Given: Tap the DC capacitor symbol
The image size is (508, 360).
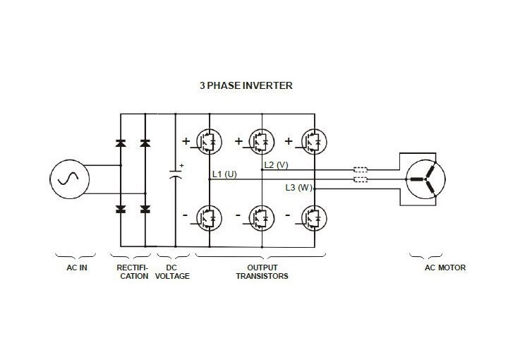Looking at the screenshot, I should pos(174,177).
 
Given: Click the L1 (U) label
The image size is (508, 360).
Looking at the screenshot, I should pos(225,174).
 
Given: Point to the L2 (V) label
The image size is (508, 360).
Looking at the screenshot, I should pos(276,164).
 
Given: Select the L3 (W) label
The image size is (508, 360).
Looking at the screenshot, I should pos(298,187).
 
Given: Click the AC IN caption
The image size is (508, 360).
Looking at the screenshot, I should pos(75,268).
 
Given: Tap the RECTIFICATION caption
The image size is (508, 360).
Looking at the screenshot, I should pos(133,272).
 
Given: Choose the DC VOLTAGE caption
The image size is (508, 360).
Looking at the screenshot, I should pos(173,272).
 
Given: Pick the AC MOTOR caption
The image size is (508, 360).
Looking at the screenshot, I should pos(425,268).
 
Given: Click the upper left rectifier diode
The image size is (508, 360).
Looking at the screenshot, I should pos(121,143).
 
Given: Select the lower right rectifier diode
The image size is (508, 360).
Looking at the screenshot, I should pos(145,209).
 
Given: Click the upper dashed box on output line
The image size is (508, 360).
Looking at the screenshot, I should pos(361,169).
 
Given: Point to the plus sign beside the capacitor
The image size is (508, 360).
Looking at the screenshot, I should pos(181,166).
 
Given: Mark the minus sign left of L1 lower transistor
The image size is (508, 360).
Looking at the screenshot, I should pos(186,214).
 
